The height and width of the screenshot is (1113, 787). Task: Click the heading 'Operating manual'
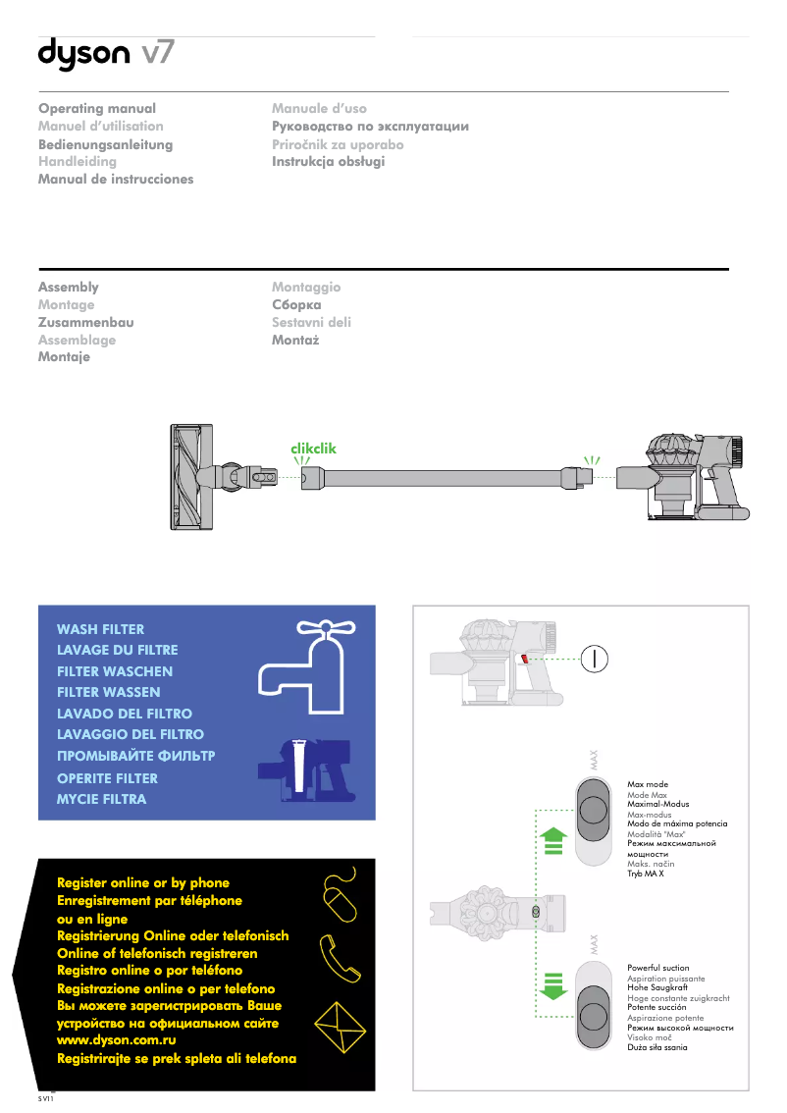click(x=97, y=108)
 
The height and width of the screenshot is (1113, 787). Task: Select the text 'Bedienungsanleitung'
click(x=105, y=144)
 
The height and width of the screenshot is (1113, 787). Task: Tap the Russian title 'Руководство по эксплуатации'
click(x=370, y=126)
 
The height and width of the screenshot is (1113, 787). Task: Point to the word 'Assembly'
click(x=68, y=287)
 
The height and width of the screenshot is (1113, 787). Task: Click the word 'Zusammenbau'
click(x=85, y=322)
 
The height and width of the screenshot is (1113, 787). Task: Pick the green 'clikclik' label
click(x=313, y=448)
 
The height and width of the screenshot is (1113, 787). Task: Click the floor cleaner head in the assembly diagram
click(x=191, y=476)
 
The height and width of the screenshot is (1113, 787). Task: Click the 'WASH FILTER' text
click(x=100, y=629)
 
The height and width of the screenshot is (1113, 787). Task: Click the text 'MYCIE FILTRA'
click(x=101, y=799)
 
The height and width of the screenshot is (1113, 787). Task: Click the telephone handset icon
click(x=340, y=957)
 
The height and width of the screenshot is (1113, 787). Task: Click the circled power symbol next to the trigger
click(x=595, y=659)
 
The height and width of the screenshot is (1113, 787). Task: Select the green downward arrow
click(x=553, y=984)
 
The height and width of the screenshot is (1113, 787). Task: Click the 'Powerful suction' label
click(x=657, y=968)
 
